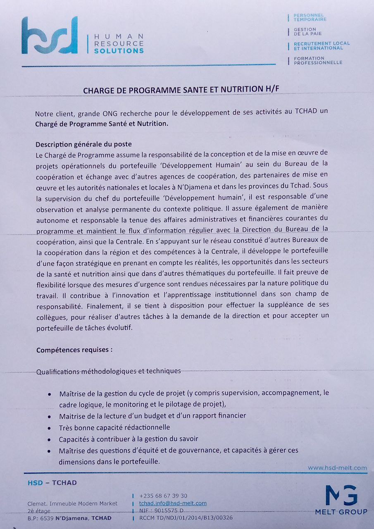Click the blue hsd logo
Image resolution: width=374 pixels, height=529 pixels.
click(50, 36)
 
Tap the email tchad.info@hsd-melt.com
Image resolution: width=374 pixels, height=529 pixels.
click(173, 503)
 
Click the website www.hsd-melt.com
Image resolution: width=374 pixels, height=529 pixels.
click(337, 468)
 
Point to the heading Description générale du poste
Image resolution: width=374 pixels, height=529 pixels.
click(83, 144)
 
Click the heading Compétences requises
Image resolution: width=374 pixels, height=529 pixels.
click(74, 350)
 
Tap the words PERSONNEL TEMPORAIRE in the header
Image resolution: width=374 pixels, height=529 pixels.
click(310, 17)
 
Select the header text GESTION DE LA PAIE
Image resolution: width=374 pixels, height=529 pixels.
click(307, 31)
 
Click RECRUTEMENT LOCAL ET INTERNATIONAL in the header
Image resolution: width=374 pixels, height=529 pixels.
click(322, 45)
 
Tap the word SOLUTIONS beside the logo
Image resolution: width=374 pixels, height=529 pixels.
click(119, 51)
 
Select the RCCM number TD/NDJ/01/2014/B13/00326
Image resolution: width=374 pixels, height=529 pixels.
click(186, 518)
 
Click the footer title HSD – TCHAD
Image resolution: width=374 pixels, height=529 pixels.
click(52, 483)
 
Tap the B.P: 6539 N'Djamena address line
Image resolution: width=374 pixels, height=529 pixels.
click(69, 518)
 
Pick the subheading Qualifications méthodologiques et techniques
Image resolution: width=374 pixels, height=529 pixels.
click(108, 371)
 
